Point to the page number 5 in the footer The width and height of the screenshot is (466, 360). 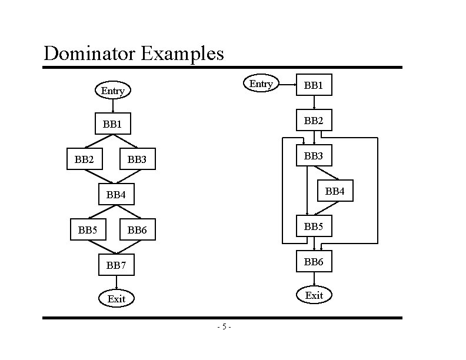[x=224, y=327]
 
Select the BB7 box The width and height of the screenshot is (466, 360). [x=116, y=265]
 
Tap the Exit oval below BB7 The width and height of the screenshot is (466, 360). [x=116, y=299]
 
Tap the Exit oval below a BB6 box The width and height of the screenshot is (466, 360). [x=314, y=295]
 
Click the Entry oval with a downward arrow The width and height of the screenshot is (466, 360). [x=112, y=91]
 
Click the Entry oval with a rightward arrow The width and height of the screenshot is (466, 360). [x=261, y=84]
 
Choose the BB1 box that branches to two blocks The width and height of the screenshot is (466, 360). [x=112, y=124]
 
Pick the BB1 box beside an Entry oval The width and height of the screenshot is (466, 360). [x=314, y=85]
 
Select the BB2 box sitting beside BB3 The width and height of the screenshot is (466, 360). [x=84, y=159]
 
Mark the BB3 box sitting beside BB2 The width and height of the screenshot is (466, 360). [x=137, y=159]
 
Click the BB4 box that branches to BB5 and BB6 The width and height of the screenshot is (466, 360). [x=116, y=194]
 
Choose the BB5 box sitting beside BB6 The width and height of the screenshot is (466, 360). [x=88, y=230]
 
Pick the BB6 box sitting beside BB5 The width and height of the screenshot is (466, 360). [x=137, y=230]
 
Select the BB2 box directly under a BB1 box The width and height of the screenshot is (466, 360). [x=314, y=122]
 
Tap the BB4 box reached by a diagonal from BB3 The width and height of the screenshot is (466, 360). [x=335, y=191]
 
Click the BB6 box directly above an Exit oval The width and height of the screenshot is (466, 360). [x=314, y=262]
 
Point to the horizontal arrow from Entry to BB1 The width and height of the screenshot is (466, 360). [x=287, y=85]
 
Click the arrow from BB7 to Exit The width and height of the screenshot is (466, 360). [x=116, y=283]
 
